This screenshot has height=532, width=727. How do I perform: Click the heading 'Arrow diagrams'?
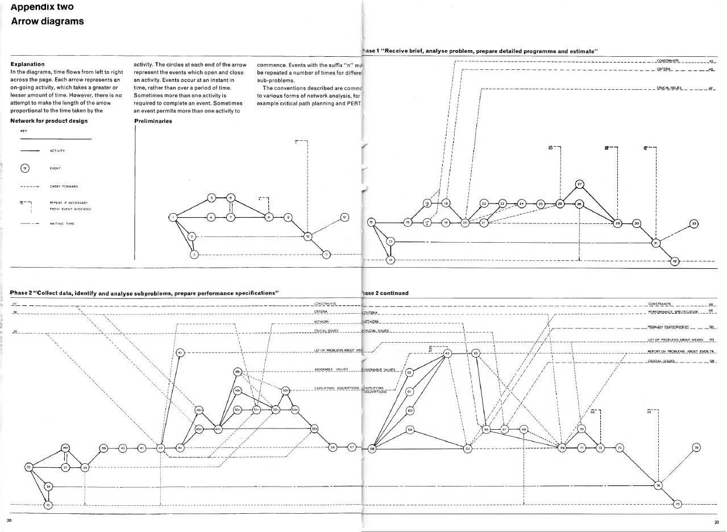48,22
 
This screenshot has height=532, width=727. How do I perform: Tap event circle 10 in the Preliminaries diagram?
308,236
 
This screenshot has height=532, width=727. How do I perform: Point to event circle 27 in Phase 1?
579,184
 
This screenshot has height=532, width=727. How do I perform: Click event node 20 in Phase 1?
465,223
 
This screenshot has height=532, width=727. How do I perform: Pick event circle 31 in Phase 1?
655,243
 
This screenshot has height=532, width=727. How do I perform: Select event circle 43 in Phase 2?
180,352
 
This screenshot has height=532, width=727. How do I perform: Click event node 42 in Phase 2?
161,448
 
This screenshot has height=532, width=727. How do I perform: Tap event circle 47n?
218,429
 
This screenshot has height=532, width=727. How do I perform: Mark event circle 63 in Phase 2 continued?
447,354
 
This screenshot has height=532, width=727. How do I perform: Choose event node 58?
373,448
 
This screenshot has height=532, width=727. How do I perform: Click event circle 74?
658,485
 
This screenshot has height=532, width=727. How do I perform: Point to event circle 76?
696,447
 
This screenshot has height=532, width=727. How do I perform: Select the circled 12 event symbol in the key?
24,168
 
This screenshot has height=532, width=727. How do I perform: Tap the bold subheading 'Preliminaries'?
153,121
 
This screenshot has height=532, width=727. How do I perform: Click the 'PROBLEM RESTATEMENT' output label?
668,327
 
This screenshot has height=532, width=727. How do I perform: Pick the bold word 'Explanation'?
28,64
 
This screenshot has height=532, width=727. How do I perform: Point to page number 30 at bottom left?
9,521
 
